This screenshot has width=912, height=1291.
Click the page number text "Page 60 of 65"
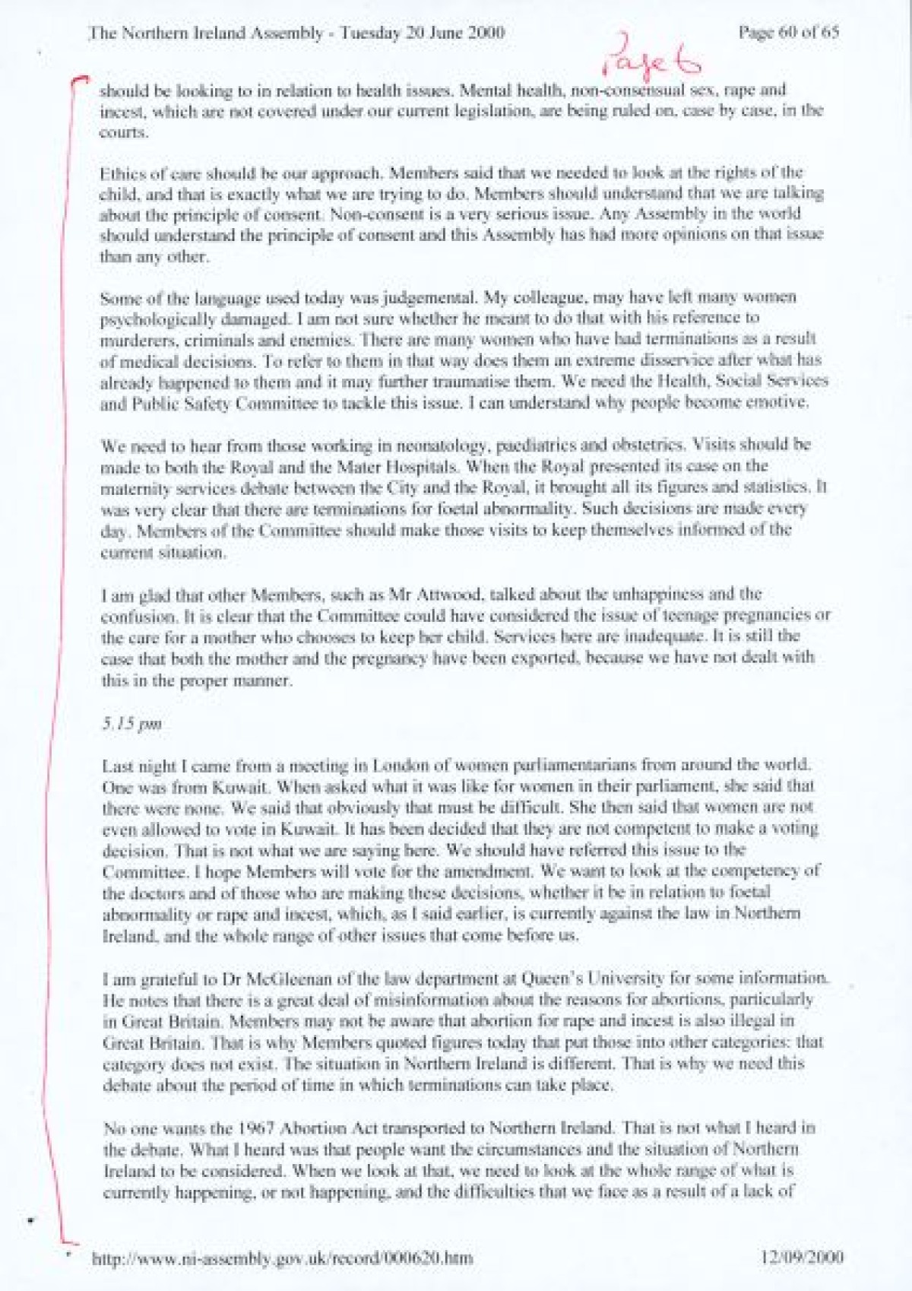(x=788, y=33)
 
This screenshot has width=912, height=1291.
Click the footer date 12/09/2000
(x=801, y=1258)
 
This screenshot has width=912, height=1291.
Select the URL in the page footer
(x=282, y=1258)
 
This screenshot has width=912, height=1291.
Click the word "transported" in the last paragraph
(x=430, y=1128)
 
